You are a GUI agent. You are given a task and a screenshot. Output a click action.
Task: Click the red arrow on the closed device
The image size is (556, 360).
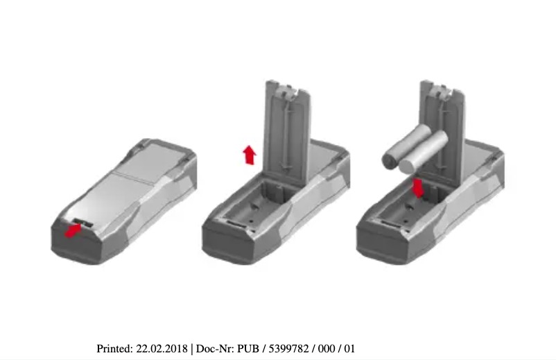(x=72, y=230)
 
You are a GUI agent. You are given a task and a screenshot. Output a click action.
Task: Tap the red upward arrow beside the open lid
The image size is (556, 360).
(x=249, y=154)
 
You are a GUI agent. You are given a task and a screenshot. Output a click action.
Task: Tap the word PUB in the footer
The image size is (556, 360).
(x=247, y=348)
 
